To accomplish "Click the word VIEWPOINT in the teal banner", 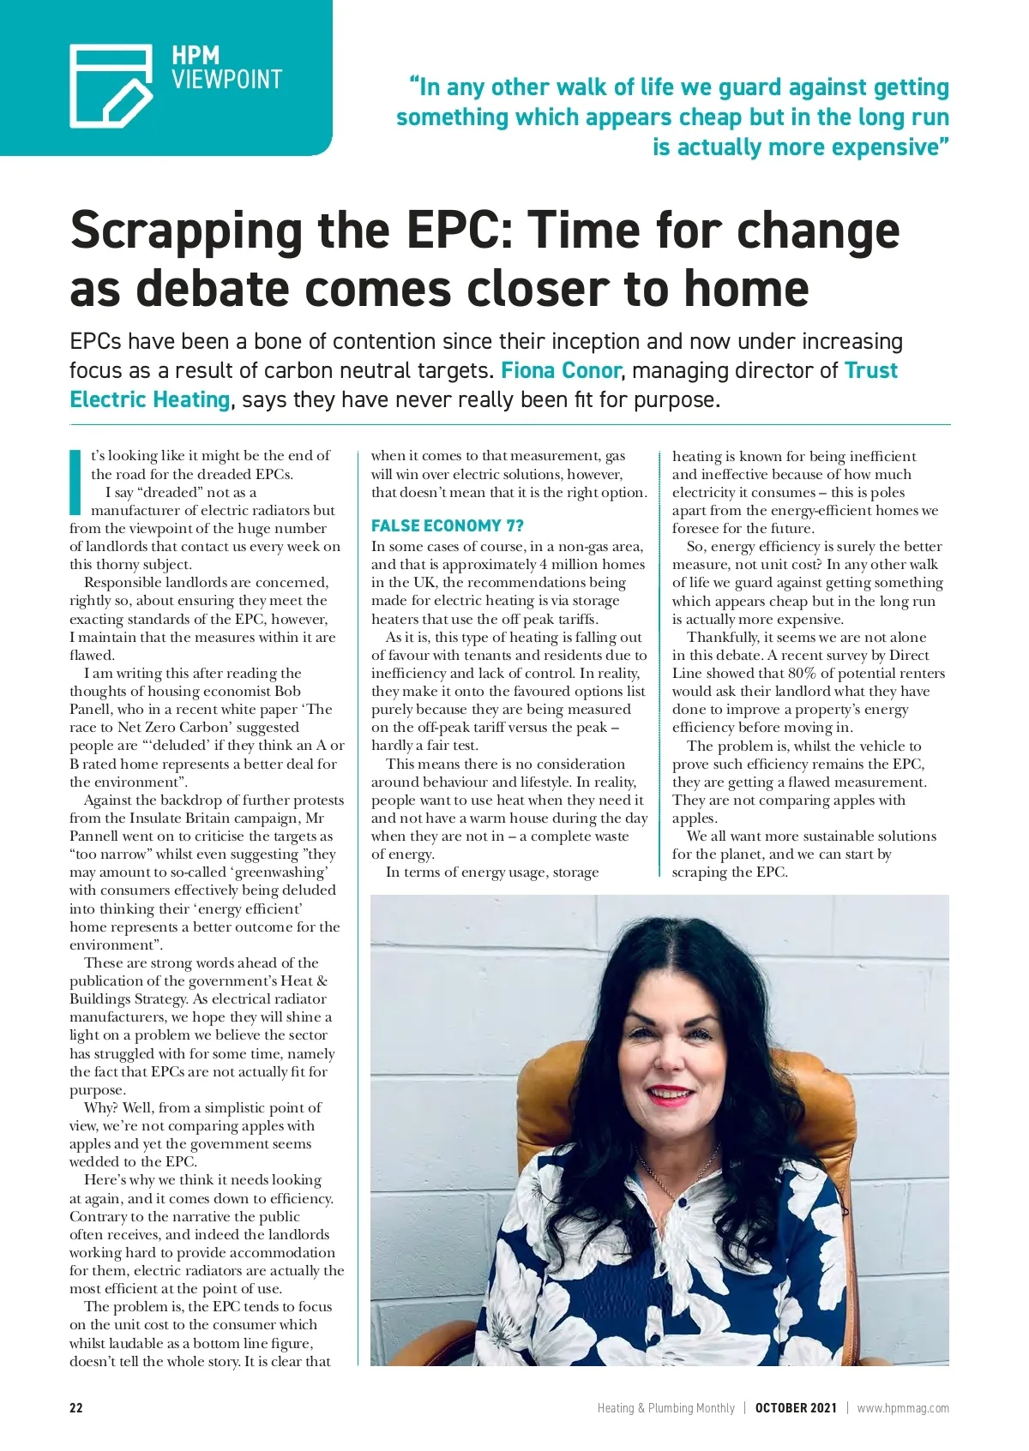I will coord(226,80).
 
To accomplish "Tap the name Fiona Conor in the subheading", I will coord(561,370).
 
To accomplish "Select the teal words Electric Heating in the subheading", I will coord(150,399).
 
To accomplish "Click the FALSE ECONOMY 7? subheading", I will coord(447,525).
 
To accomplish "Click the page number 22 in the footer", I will coord(76,1407).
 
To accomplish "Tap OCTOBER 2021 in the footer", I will coord(796,1407).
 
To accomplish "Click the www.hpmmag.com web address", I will coord(903,1407).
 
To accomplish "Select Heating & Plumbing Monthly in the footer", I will coord(666,1407).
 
